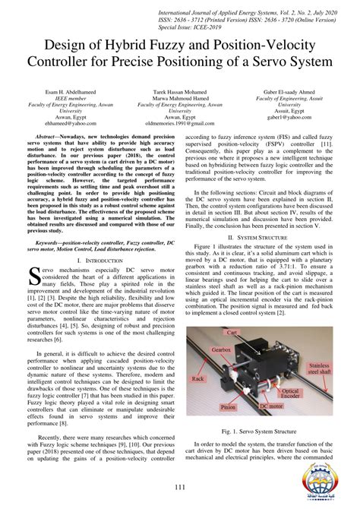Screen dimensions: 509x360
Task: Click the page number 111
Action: [180, 487]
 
